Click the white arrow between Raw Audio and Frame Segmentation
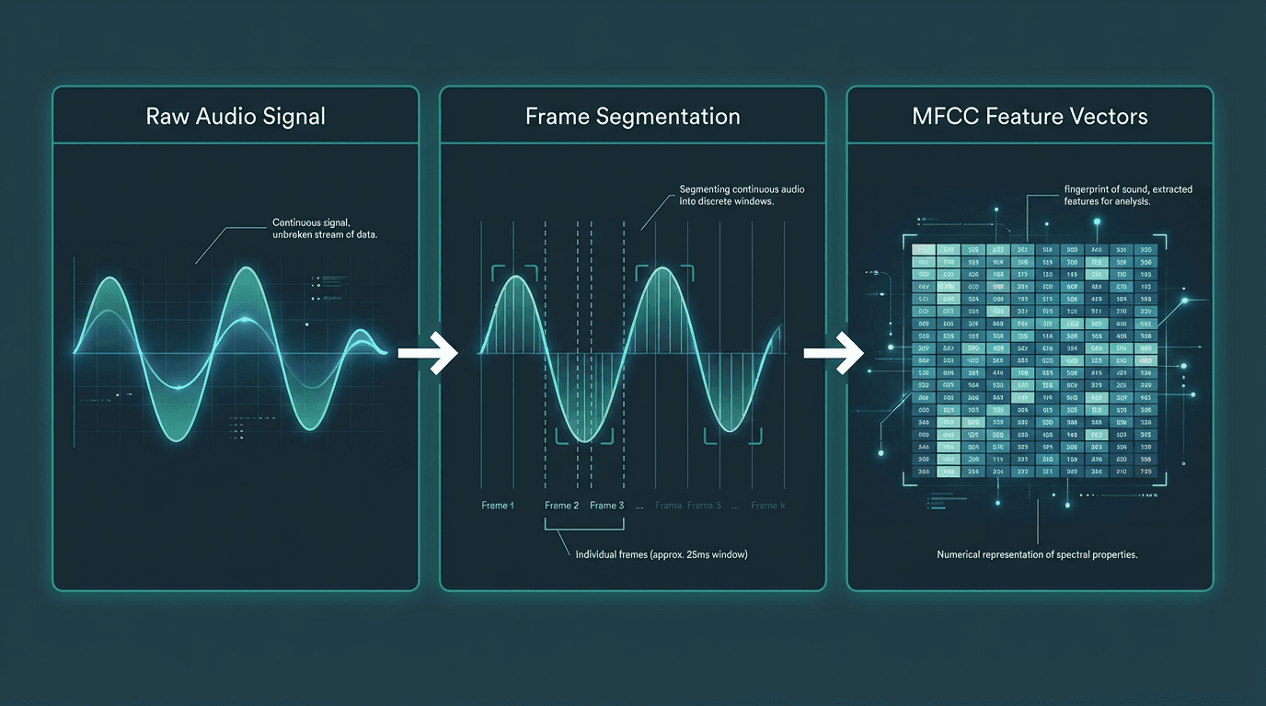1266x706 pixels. click(429, 352)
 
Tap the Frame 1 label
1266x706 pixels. click(498, 506)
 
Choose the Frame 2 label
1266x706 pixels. click(561, 506)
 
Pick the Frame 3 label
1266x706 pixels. click(607, 506)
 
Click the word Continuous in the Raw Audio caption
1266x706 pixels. click(301, 223)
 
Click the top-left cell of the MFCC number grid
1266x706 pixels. click(923, 250)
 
